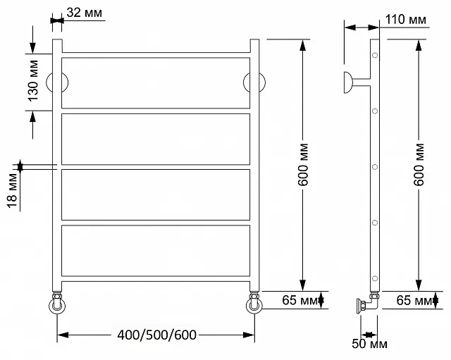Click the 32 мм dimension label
(84, 13)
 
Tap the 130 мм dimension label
(33, 80)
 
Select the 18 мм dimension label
(12, 190)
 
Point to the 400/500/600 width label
(156, 335)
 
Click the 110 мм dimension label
(406, 20)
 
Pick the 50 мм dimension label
(369, 343)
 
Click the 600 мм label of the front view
(303, 164)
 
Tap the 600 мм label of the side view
(419, 164)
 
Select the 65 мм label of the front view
(299, 300)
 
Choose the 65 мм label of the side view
(414, 301)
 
